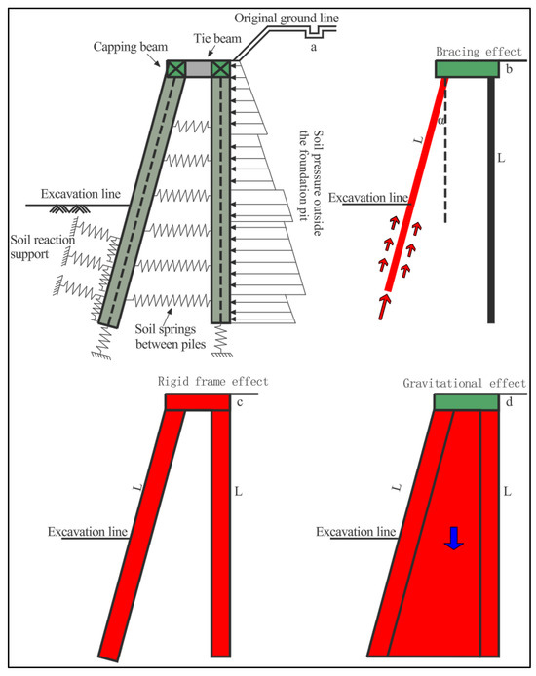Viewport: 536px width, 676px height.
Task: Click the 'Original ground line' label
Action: click(287, 19)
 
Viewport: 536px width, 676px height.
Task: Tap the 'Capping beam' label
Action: click(131, 47)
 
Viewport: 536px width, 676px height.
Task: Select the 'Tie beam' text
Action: click(217, 38)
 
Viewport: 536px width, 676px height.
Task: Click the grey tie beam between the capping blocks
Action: click(199, 69)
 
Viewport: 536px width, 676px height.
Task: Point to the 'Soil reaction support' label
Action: click(42, 246)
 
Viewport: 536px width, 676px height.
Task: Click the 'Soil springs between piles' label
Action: click(170, 337)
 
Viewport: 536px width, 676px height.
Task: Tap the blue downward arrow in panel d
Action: click(453, 538)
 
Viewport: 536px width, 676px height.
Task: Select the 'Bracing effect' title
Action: click(479, 52)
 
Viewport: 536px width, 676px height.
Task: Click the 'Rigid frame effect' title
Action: click(213, 382)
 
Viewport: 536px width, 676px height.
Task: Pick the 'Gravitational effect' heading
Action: click(465, 383)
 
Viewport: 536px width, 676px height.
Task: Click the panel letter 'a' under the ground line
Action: click(314, 47)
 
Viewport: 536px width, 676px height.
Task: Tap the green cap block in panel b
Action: click(467, 69)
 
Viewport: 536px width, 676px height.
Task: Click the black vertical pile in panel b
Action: click(491, 200)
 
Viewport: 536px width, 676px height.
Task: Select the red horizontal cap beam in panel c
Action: click(198, 402)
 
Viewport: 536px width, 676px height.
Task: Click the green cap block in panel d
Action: click(466, 402)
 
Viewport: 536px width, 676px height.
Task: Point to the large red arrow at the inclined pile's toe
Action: click(383, 307)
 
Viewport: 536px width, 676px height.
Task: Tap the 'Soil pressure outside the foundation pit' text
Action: click(311, 182)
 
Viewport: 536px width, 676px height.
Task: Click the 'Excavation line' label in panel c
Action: click(88, 532)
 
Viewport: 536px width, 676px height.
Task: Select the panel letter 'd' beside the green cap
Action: click(510, 402)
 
